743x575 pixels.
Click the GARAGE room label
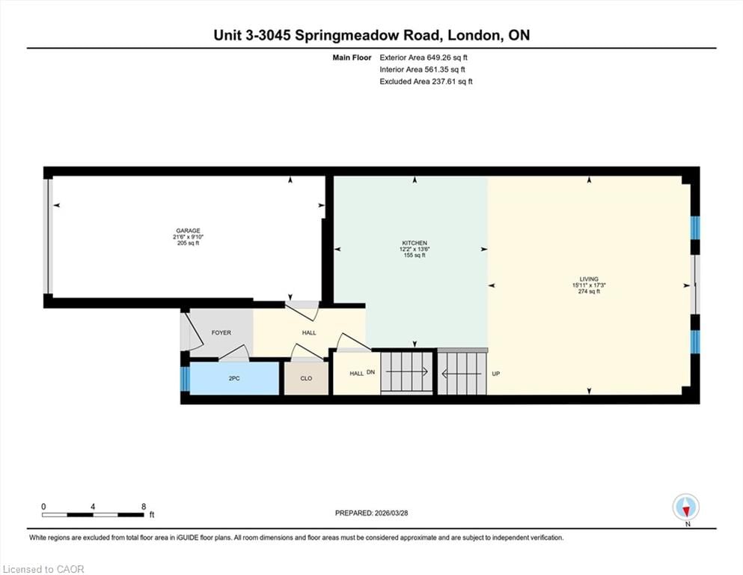point(188,231)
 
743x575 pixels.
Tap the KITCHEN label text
point(415,243)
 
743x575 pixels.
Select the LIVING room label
point(589,279)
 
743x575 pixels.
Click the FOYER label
point(221,332)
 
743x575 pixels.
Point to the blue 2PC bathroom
point(234,378)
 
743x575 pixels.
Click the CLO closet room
point(306,378)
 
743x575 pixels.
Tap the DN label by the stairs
point(370,372)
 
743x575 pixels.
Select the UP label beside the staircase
point(495,373)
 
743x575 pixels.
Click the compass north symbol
point(686,508)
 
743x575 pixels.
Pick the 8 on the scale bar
point(144,506)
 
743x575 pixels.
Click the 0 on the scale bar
point(44,506)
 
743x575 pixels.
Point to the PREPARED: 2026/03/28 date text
point(371,513)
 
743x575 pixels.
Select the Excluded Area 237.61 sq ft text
point(426,82)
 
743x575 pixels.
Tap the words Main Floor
point(352,57)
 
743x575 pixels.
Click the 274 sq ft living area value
point(589,291)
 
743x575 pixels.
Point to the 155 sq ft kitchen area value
point(415,255)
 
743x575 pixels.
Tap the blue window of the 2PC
point(185,378)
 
